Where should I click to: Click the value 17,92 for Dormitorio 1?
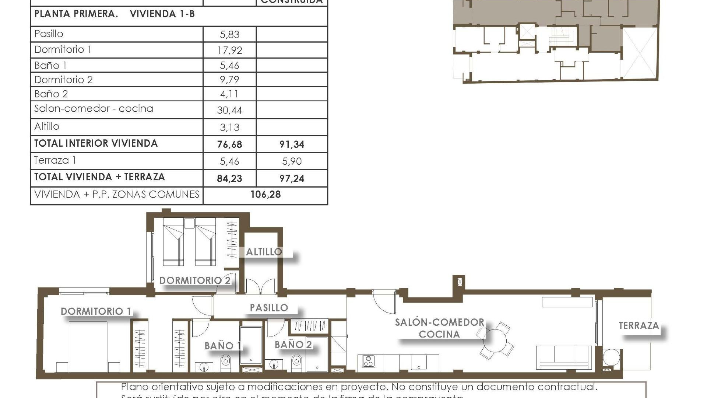(229, 50)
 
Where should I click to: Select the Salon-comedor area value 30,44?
(229, 110)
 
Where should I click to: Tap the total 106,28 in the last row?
(265, 194)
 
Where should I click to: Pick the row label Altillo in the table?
(47, 126)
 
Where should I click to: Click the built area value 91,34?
(292, 144)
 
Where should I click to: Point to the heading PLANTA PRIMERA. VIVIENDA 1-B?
(115, 14)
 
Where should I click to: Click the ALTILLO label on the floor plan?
(264, 252)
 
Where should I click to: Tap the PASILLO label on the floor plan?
(269, 308)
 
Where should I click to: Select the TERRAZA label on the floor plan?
(639, 326)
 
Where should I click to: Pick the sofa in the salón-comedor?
(563, 357)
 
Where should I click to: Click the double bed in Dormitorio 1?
(88, 346)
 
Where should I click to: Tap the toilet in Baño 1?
(226, 363)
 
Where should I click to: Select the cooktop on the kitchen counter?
(368, 361)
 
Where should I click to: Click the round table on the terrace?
(611, 358)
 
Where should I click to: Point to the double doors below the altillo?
(260, 287)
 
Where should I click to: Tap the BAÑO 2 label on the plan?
(293, 345)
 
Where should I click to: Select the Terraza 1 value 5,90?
(292, 161)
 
